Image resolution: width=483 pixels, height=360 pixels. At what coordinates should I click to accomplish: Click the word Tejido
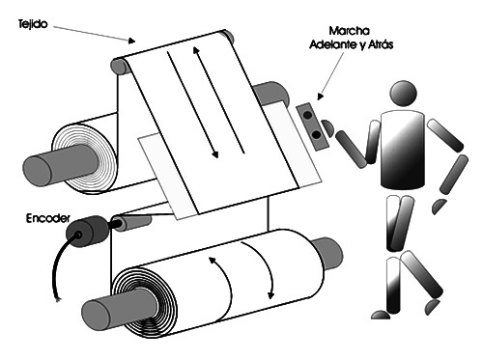pyautogui.click(x=33, y=24)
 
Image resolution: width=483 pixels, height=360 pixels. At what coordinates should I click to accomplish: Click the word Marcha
pyautogui.click(x=350, y=31)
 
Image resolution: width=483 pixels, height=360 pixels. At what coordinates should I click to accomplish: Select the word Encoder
pyautogui.click(x=48, y=218)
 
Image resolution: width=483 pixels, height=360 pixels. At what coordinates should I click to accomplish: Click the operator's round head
pyautogui.click(x=403, y=94)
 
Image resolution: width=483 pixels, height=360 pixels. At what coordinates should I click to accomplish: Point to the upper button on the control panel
pyautogui.click(x=308, y=115)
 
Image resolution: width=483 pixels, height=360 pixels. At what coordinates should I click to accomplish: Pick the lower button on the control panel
pyautogui.click(x=317, y=135)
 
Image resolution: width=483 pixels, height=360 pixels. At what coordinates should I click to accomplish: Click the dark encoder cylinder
pyautogui.click(x=86, y=231)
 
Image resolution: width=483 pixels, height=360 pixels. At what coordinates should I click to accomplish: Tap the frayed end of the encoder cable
pyautogui.click(x=58, y=299)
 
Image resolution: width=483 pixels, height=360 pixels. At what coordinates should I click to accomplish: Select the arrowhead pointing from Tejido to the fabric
pyautogui.click(x=131, y=41)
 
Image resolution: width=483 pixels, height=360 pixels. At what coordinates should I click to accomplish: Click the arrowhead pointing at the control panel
pyautogui.click(x=320, y=97)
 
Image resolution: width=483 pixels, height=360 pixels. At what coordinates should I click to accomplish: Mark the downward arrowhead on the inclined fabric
pyautogui.click(x=215, y=153)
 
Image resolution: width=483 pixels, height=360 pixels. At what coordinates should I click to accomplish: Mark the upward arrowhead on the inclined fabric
pyautogui.click(x=195, y=50)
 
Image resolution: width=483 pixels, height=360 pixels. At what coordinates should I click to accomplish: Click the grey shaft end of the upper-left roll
pyautogui.click(x=37, y=170)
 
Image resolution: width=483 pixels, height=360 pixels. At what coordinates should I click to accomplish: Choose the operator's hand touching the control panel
pyautogui.click(x=327, y=127)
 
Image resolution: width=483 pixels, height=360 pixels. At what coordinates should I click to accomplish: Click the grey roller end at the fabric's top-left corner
pyautogui.click(x=120, y=67)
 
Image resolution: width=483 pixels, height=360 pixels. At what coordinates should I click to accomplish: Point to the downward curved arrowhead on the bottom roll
pyautogui.click(x=271, y=294)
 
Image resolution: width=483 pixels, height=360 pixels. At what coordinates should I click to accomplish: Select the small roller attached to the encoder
pyautogui.click(x=133, y=223)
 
